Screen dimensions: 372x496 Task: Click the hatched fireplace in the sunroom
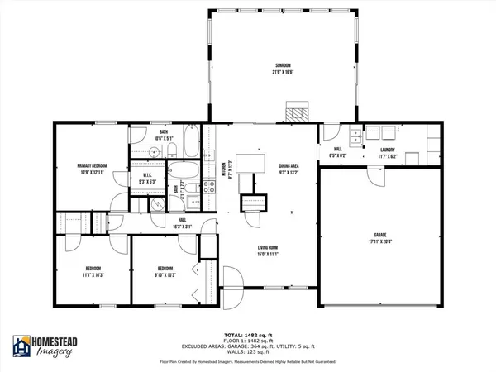[296, 110]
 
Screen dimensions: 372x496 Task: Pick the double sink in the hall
[355, 136]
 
